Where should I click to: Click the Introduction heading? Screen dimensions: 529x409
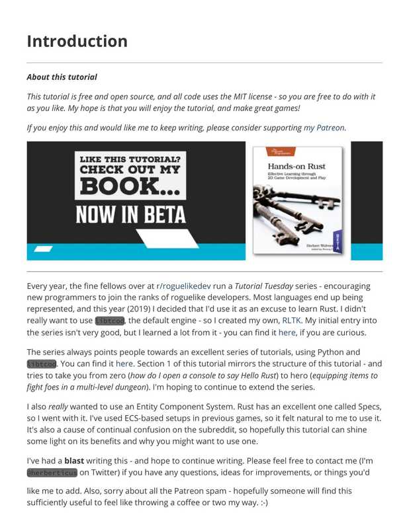click(x=77, y=41)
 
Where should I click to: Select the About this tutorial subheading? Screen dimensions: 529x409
click(x=62, y=77)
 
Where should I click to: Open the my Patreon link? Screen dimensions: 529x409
click(x=324, y=128)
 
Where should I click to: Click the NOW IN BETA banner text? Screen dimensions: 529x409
click(x=130, y=215)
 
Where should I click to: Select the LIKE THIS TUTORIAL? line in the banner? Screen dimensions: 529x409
click(x=130, y=159)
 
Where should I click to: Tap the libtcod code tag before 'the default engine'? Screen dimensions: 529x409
click(x=109, y=321)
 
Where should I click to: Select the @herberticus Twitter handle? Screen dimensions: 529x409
click(x=52, y=473)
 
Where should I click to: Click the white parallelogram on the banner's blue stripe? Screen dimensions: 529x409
click(x=42, y=249)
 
